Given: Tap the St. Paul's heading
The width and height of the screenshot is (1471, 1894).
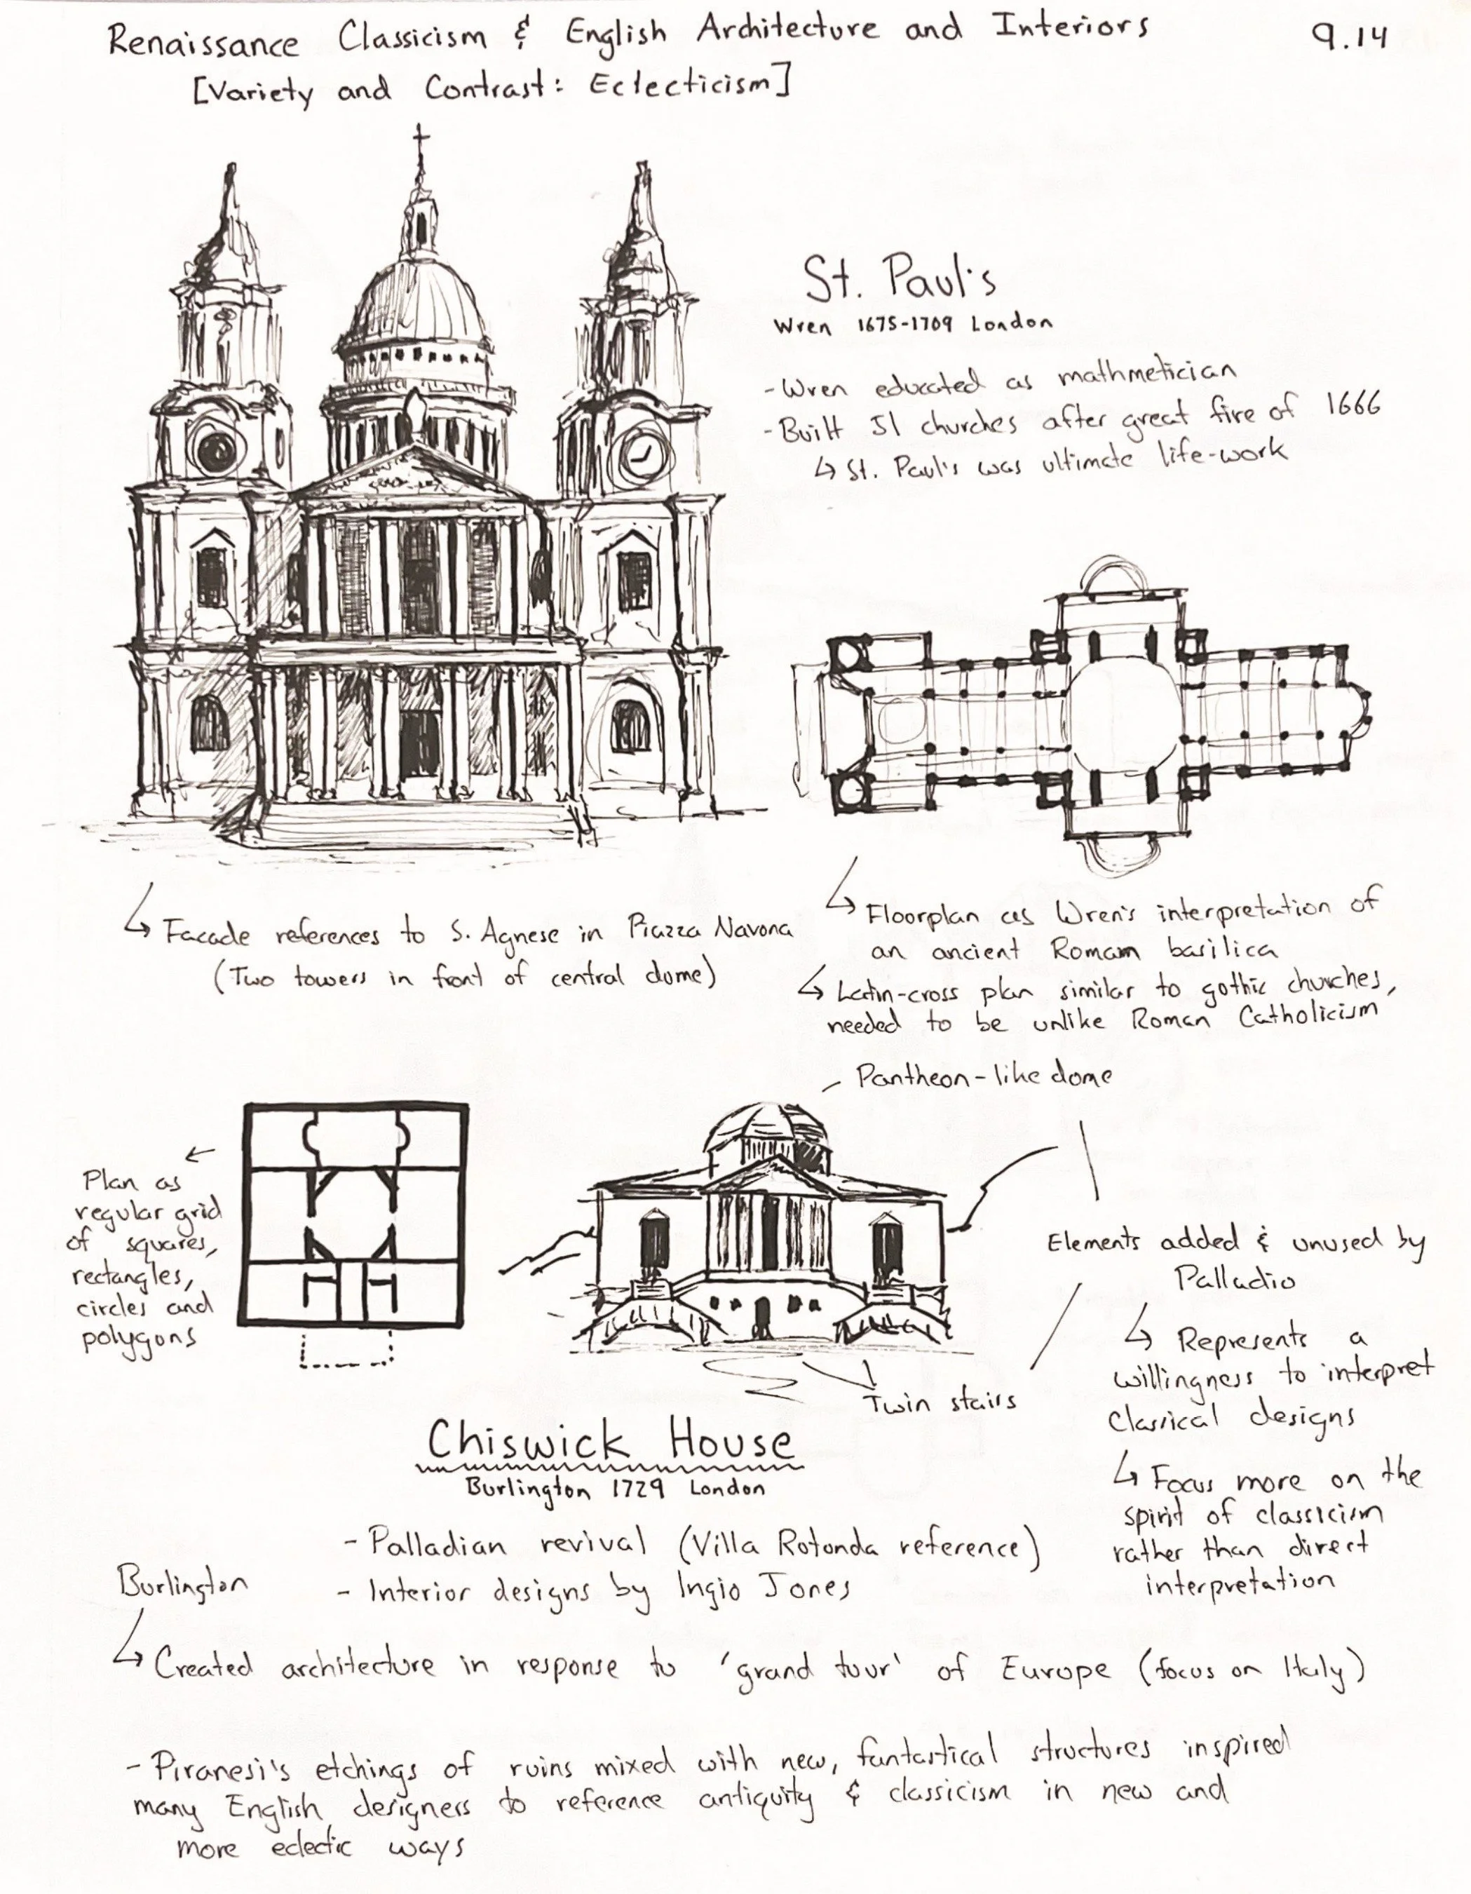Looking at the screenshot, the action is click(899, 279).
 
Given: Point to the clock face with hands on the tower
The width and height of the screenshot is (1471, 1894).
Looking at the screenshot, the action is click(644, 452).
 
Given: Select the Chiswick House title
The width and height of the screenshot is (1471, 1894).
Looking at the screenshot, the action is click(610, 1443).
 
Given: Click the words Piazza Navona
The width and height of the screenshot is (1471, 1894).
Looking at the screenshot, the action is click(709, 930).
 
